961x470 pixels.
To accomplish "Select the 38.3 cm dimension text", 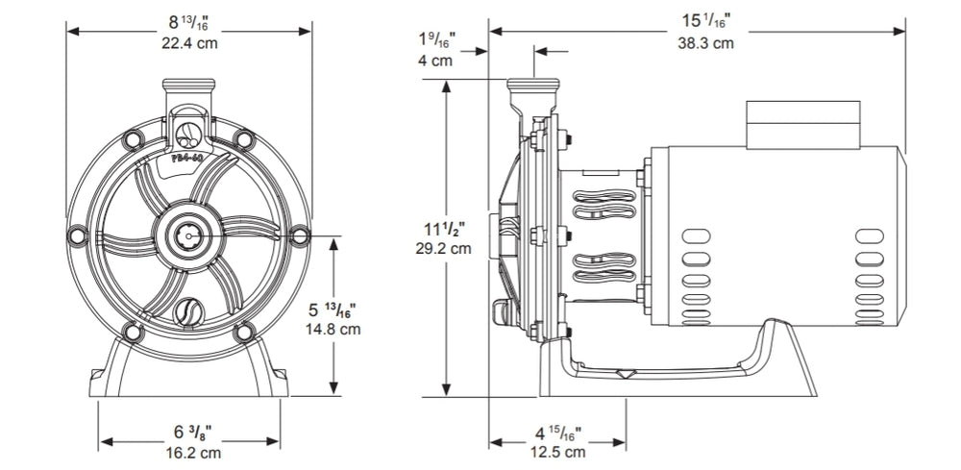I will click(707, 43).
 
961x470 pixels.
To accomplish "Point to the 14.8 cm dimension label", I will click(334, 329).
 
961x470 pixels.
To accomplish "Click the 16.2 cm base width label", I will click(193, 451).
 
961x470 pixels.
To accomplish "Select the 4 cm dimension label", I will click(435, 61).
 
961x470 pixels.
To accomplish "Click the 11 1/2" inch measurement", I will click(447, 228).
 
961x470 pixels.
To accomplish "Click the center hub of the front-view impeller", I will click(187, 233).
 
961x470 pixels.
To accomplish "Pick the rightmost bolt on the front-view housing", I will click(299, 233).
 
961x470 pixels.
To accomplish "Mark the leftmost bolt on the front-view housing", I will click(77, 233).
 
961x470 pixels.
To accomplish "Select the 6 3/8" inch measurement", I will click(193, 432).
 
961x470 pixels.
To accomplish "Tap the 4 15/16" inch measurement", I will click(559, 433).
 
